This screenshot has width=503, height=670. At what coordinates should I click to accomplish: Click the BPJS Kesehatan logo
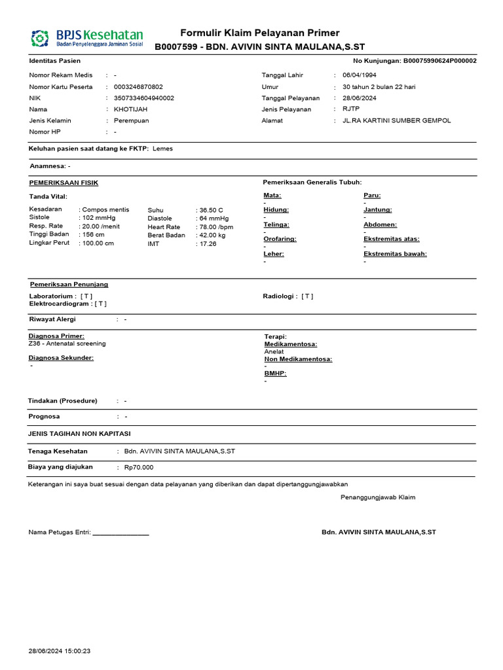tap(86, 37)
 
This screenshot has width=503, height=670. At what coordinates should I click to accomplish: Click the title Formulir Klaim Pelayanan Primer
tap(259, 33)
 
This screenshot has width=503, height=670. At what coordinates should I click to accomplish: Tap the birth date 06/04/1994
tap(360, 75)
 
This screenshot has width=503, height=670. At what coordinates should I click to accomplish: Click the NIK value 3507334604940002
tap(144, 98)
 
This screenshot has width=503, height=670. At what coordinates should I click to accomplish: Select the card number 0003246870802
tap(138, 87)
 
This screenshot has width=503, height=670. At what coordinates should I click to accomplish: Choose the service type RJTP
tap(351, 109)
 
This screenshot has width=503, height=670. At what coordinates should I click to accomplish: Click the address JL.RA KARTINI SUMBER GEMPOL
tap(397, 121)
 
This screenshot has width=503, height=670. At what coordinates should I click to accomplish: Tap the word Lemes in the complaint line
tap(162, 149)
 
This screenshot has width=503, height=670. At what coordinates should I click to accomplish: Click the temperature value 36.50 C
tap(211, 210)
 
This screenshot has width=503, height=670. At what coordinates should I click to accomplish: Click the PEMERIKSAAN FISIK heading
tap(64, 183)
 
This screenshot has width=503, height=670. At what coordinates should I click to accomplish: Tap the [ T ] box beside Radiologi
tap(307, 296)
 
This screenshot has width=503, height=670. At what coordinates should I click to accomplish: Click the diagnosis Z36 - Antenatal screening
tap(67, 344)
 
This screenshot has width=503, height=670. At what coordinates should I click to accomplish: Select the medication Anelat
tap(274, 351)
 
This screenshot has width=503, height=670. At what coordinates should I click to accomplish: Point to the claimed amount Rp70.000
tap(139, 468)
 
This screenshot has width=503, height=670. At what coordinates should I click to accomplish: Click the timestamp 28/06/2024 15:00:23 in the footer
tap(60, 652)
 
